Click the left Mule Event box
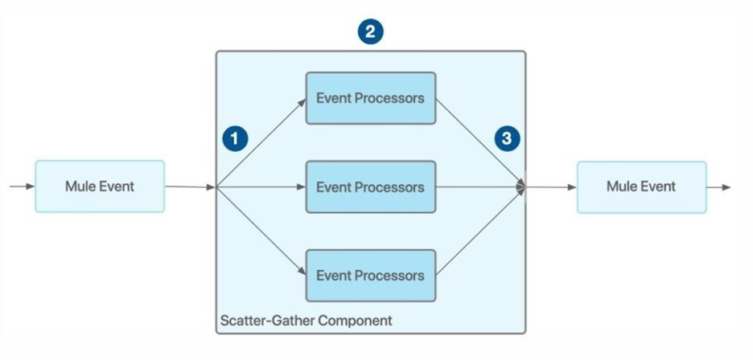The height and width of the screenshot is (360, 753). click(x=100, y=186)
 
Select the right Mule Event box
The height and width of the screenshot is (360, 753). click(x=641, y=186)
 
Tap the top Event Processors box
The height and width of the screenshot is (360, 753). click(x=370, y=98)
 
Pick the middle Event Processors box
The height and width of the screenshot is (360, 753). click(x=370, y=187)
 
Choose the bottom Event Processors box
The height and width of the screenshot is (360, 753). click(x=370, y=276)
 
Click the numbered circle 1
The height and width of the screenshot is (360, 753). click(x=234, y=138)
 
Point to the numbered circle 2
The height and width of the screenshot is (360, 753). click(x=370, y=32)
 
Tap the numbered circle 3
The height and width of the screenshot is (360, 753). click(x=506, y=138)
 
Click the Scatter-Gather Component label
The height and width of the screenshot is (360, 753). click(x=306, y=321)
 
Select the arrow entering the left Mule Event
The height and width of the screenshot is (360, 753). click(x=22, y=186)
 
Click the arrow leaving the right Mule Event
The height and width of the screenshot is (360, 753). click(x=719, y=187)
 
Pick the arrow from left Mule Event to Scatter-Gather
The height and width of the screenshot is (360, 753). click(x=190, y=187)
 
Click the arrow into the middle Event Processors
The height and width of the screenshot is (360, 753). click(x=261, y=188)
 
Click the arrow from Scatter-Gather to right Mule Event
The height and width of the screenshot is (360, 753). click(x=551, y=187)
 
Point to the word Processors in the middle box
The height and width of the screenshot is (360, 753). click(x=391, y=187)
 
